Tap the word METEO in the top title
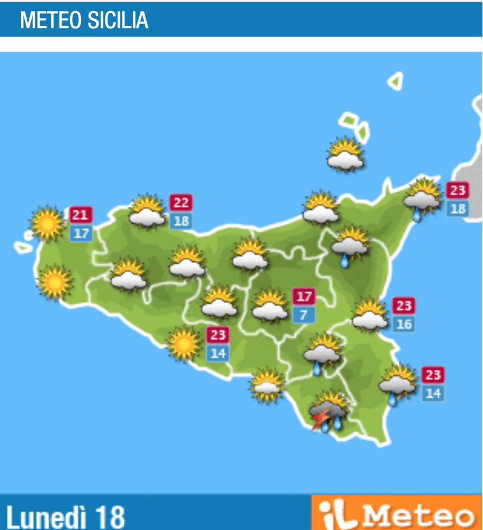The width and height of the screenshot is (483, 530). point(51,20)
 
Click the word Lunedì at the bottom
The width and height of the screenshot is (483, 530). point(46,516)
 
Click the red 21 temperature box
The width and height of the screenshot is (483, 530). point(81,215)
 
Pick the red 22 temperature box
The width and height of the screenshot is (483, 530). point(181,203)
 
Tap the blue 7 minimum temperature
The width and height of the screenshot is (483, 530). point(304,315)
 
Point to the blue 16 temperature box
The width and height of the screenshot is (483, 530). point(404,324)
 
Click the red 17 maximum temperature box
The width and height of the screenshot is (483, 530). point(304,297)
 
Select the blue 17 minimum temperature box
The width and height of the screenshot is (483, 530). point(81,233)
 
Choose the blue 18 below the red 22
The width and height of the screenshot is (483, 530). point(181,221)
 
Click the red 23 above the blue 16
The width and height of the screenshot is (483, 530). point(404,306)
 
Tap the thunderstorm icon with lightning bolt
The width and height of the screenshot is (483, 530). point(329,411)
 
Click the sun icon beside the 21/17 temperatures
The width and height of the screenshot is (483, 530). point(46,223)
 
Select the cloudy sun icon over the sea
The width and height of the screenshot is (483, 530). point(345,154)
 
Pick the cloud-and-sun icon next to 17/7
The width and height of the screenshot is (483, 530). point(270,306)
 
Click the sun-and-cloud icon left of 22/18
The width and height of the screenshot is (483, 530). point(147,211)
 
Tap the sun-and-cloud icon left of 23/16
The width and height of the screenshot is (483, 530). point(370,315)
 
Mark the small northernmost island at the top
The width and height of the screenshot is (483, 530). point(395,81)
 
